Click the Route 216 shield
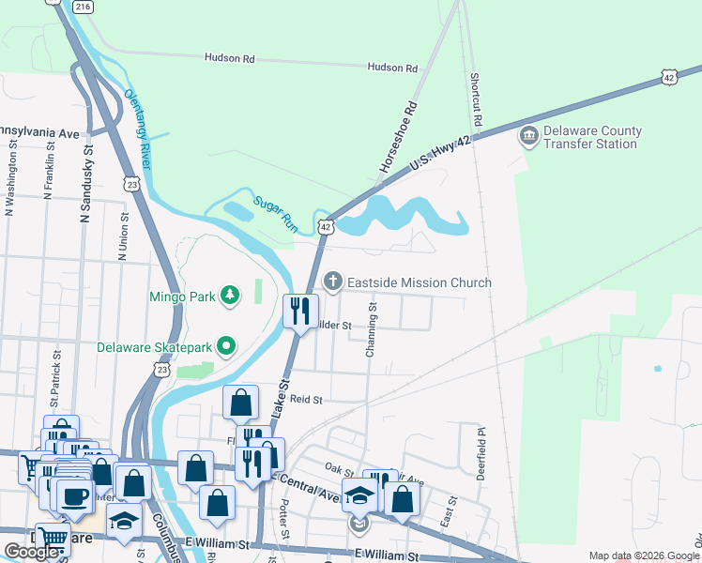coord(84,7)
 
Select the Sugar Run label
coord(276,212)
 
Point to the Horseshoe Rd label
coord(397,136)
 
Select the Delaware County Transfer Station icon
coord(528,137)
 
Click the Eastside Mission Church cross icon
coord(332,281)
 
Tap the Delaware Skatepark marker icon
coord(226,347)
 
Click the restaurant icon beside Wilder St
coord(300,311)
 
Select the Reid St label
coord(306,399)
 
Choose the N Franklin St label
coord(48,169)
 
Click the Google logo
coord(31,552)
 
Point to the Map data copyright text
coord(643,555)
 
